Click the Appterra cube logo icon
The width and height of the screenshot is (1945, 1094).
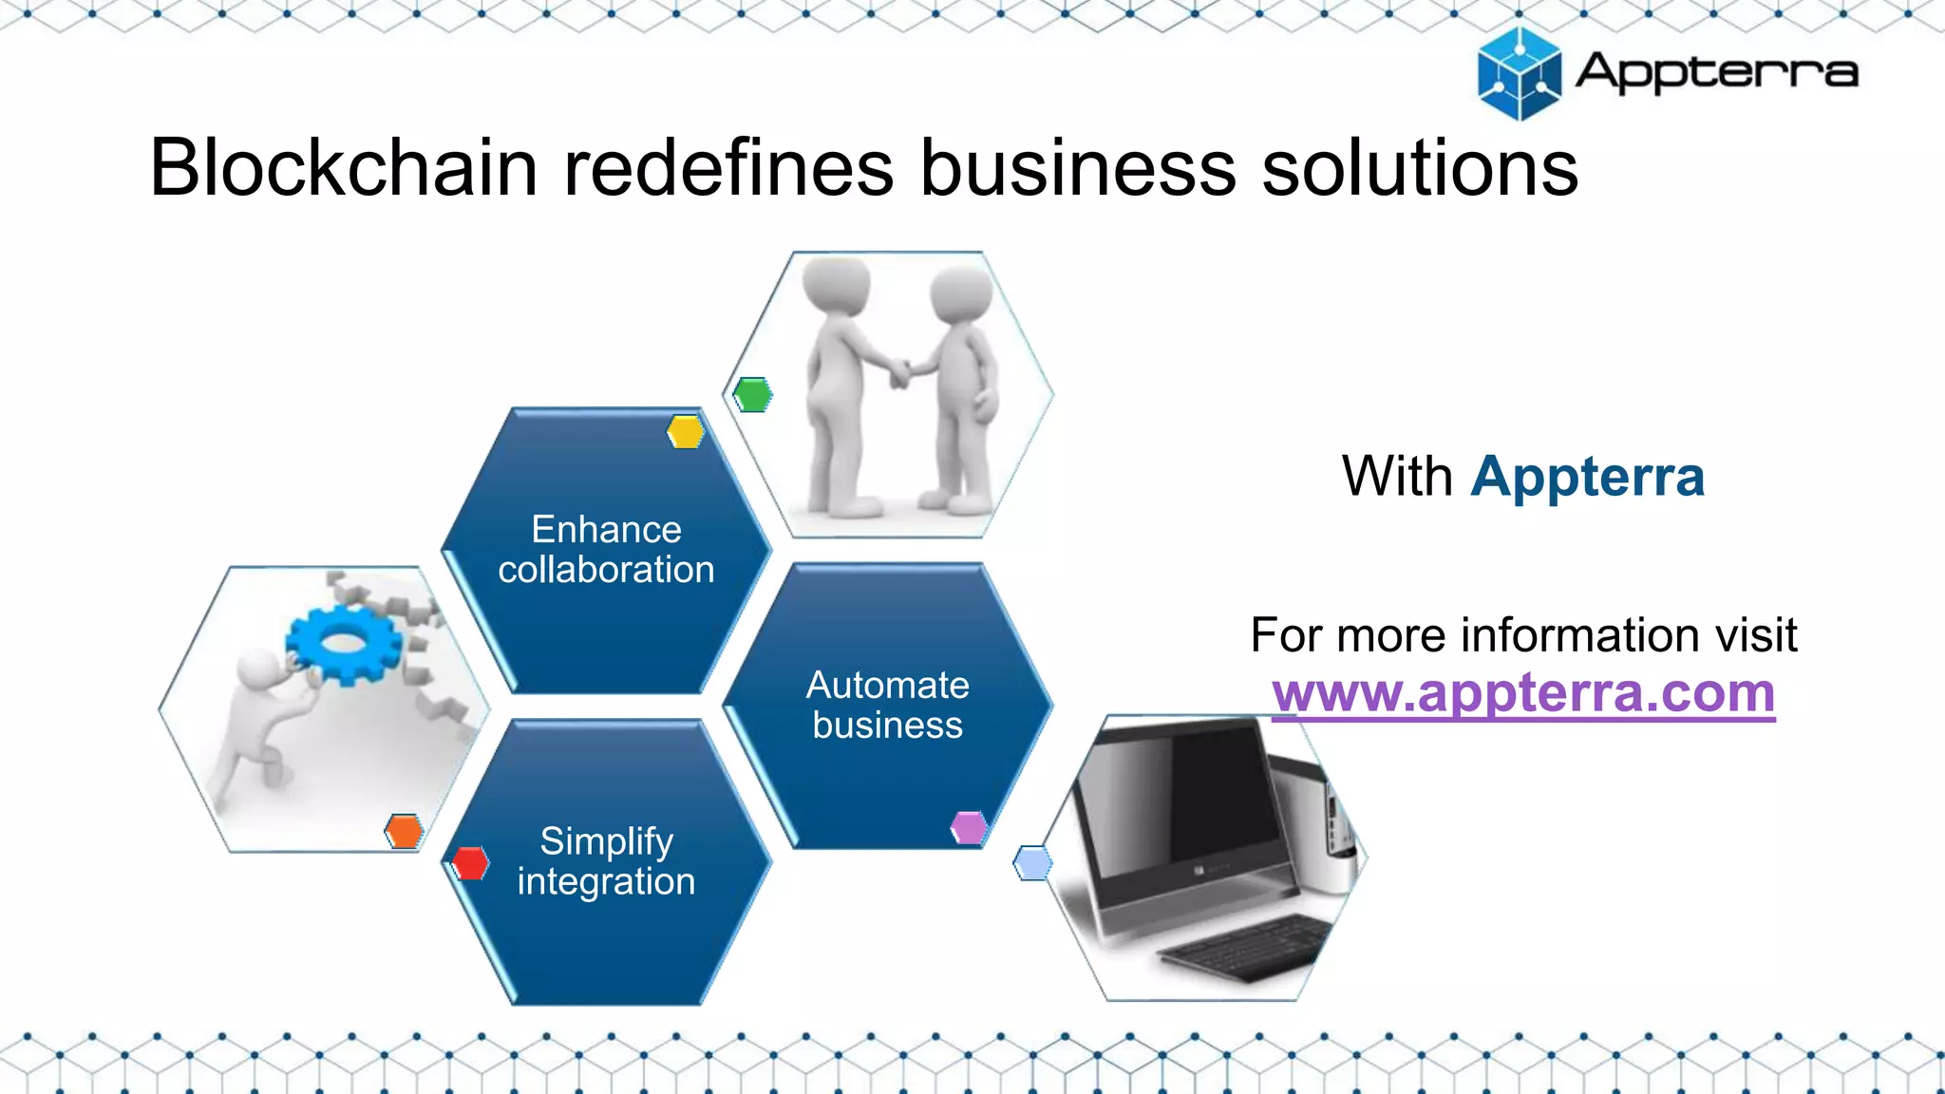point(1519,74)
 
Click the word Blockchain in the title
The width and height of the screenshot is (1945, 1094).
point(344,168)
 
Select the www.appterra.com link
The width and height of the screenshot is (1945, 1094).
point(1523,692)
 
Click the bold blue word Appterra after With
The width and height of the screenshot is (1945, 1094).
point(1587,477)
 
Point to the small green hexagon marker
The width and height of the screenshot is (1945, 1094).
point(753,394)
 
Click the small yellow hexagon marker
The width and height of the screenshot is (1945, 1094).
point(685,432)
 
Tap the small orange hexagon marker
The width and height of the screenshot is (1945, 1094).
point(404,831)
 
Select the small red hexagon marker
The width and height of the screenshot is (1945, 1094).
point(470,863)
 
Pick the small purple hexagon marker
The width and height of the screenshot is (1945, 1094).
point(969,828)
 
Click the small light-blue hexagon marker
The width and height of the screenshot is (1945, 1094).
point(1032,863)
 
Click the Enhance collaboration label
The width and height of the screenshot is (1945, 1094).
point(606,550)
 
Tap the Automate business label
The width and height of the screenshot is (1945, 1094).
point(887,705)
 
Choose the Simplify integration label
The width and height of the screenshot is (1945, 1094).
point(606,861)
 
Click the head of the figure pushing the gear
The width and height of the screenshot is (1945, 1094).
point(256,670)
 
